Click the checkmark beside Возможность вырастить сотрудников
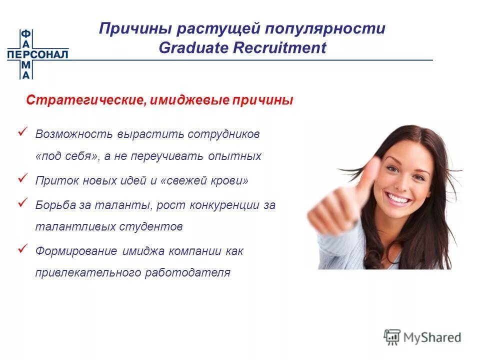(22, 131)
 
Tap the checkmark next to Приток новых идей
(22, 177)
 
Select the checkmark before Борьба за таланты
(22, 202)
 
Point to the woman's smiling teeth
(398, 199)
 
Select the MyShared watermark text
(433, 337)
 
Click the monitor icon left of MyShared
(392, 336)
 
